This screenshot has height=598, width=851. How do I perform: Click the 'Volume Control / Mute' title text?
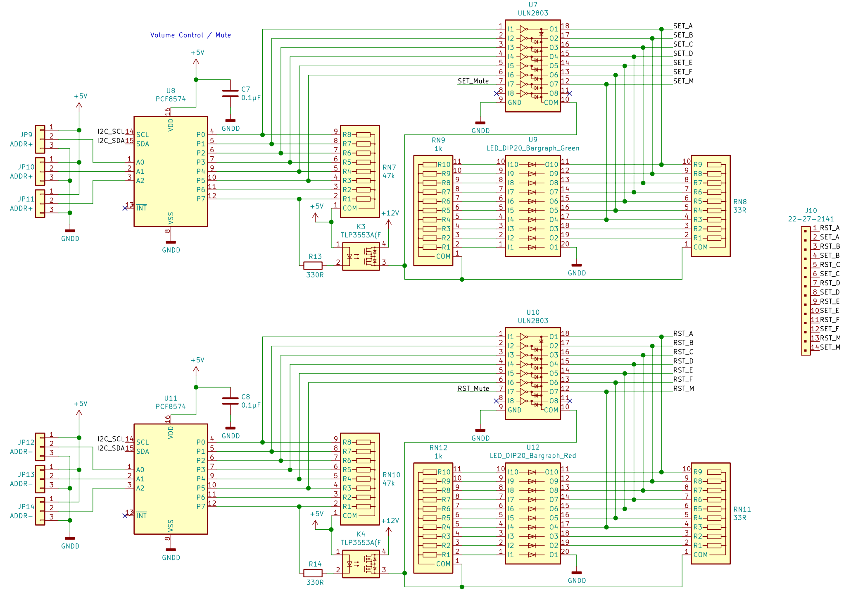[190, 35]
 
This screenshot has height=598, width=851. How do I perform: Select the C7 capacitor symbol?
[231, 93]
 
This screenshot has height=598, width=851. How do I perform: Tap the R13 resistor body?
[313, 266]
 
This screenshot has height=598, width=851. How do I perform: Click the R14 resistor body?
[313, 573]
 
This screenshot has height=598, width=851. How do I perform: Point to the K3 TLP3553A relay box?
[361, 256]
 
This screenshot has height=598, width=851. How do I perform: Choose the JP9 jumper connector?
[40, 139]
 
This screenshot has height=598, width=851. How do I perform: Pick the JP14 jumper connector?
[40, 511]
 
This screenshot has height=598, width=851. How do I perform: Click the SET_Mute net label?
[473, 81]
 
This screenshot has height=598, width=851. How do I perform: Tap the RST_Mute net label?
[473, 389]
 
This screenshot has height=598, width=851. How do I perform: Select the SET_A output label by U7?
[683, 26]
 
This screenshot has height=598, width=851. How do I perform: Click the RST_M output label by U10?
[683, 388]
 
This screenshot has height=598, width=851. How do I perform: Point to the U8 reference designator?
[171, 91]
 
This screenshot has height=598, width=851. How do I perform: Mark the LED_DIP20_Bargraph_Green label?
[533, 148]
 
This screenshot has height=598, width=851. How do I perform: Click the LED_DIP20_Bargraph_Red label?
[533, 456]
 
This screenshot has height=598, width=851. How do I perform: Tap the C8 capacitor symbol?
[231, 401]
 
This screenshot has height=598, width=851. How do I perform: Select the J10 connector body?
[806, 291]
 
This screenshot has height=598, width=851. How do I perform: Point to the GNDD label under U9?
[577, 273]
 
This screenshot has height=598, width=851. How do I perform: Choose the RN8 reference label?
[740, 202]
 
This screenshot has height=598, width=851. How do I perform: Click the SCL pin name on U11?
[143, 442]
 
